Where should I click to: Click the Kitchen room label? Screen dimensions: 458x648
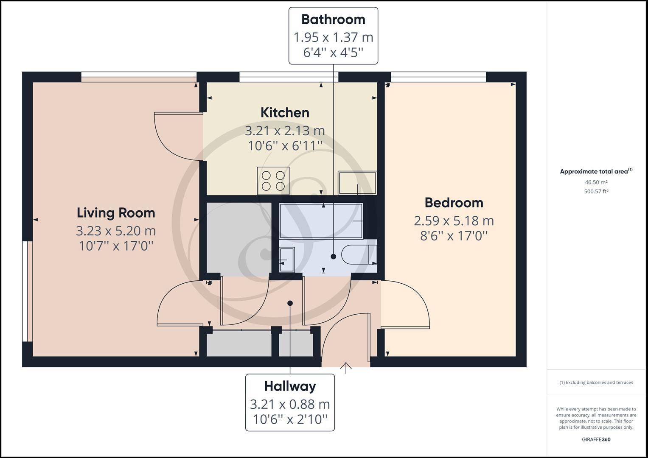pos(285,113)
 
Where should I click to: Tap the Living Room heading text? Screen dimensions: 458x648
pos(116,213)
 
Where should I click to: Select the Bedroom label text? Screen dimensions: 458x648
pos(454,203)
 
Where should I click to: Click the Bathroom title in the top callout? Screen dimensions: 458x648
pos(333,20)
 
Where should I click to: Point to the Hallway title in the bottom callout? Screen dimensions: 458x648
pos(290,386)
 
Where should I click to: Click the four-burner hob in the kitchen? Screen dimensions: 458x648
pos(273,181)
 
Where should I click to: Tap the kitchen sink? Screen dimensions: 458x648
pos(357,183)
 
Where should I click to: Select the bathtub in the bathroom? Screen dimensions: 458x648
pos(321,221)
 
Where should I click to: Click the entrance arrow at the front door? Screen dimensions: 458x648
pos(346,368)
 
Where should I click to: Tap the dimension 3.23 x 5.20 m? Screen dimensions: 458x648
pos(116,231)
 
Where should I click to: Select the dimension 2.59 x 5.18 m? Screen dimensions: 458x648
pos(454,221)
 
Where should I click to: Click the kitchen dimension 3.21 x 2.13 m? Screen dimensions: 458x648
pos(285,131)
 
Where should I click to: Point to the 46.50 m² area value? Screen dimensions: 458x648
pos(596,182)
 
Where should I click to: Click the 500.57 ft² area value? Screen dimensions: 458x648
pos(596,191)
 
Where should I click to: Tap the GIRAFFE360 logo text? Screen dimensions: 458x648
pos(596,439)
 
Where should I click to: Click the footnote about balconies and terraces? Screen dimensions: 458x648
pos(596,383)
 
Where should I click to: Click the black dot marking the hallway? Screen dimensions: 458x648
pos(290,303)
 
